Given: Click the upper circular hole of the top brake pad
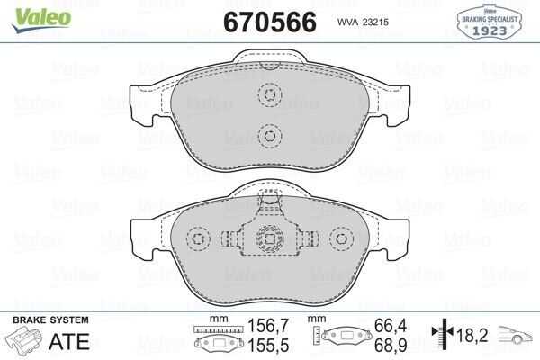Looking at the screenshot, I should (268, 96).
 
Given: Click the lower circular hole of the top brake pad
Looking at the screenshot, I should (268, 136).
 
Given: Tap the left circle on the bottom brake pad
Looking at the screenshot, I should (198, 238).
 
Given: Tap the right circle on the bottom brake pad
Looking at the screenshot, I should (339, 238).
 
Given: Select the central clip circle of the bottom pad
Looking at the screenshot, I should (268, 238).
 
